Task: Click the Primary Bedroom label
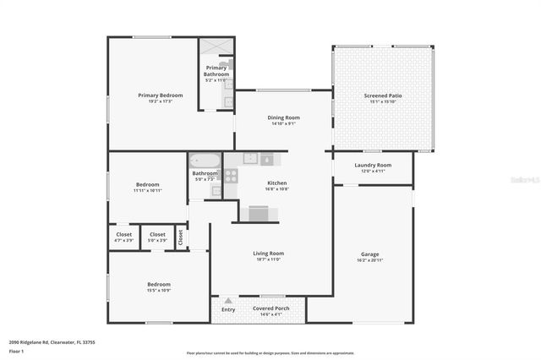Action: tap(161, 95)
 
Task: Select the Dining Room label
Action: tap(283, 117)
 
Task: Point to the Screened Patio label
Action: tap(382, 95)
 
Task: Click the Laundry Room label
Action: tap(373, 165)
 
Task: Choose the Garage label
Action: tap(370, 254)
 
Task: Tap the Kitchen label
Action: tap(278, 183)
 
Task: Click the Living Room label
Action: tap(268, 254)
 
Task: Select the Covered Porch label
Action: tap(271, 308)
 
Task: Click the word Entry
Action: tap(229, 309)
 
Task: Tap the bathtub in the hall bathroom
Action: tap(205, 160)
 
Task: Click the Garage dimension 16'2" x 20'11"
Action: tap(370, 259)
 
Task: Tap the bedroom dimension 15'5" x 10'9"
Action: tap(160, 291)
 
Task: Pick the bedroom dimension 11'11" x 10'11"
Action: tap(148, 190)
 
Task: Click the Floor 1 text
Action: tap(18, 348)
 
